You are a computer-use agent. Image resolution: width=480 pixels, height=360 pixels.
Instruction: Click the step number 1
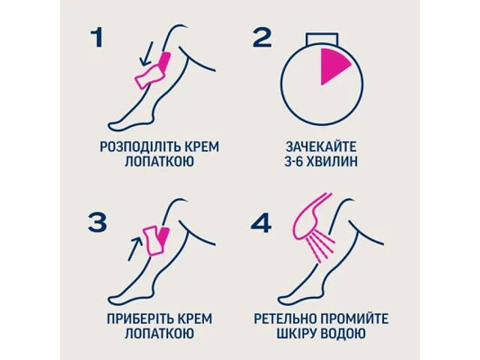95,38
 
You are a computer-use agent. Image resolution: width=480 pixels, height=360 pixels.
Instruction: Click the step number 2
262,38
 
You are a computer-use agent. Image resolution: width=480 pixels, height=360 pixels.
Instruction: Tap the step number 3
96,222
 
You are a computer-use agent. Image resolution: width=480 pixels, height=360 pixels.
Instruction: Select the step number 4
259,222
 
